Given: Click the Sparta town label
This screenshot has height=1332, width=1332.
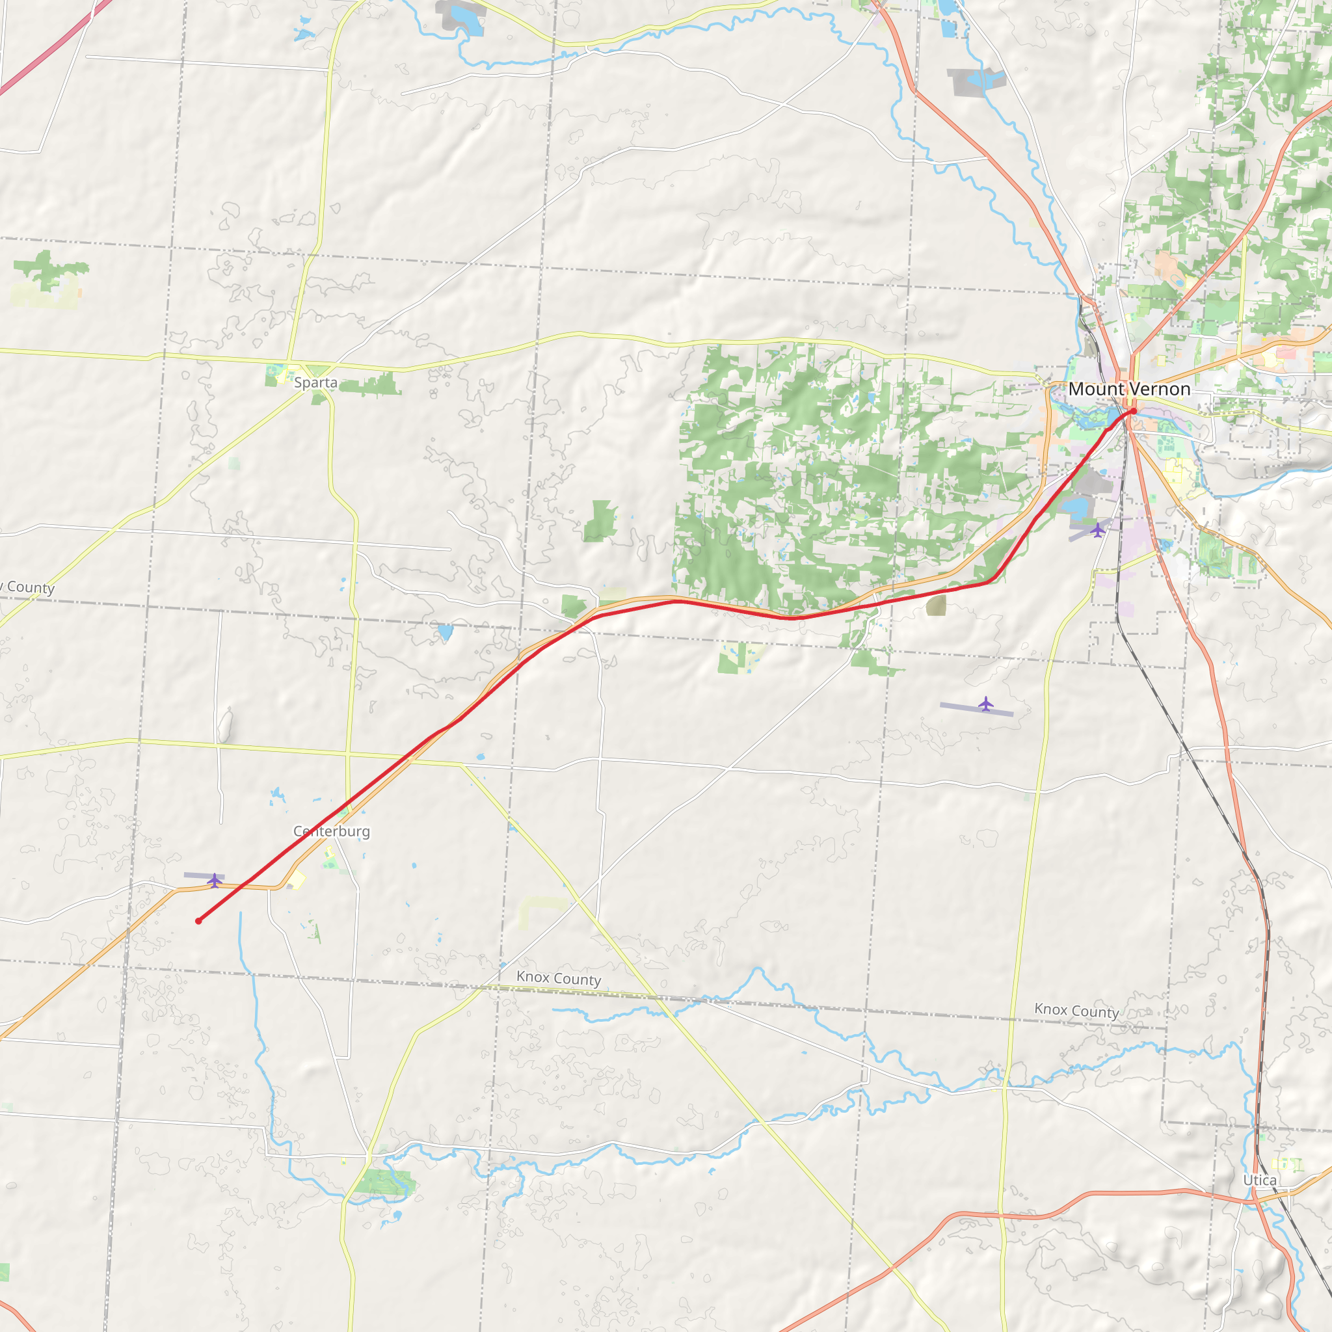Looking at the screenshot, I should (x=315, y=382).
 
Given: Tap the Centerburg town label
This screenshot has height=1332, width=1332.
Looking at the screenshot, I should (x=332, y=831).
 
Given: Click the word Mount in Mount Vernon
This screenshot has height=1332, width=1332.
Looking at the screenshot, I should (x=1096, y=390).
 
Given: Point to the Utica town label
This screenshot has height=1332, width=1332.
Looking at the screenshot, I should (x=1260, y=1180).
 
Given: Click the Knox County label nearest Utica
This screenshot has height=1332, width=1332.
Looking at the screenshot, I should (x=1076, y=1011).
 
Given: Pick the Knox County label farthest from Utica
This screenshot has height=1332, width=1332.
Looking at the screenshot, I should (x=559, y=978).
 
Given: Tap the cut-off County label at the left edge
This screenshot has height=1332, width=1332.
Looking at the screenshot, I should (x=27, y=587).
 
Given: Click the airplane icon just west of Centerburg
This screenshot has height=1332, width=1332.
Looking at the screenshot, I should (x=215, y=881).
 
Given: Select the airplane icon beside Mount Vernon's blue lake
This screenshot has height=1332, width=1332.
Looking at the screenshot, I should (x=1097, y=530).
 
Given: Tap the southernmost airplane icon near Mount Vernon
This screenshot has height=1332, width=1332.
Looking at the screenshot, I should (x=986, y=704).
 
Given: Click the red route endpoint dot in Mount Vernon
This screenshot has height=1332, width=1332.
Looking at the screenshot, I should (x=1133, y=412).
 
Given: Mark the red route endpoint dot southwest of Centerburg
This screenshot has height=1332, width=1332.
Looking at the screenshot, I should (x=198, y=921).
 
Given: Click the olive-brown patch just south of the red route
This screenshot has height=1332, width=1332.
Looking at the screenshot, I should (x=937, y=606).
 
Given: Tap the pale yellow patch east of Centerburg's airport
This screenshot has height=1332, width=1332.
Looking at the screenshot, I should (x=297, y=880).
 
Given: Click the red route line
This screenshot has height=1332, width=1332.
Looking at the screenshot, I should (x=724, y=609).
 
